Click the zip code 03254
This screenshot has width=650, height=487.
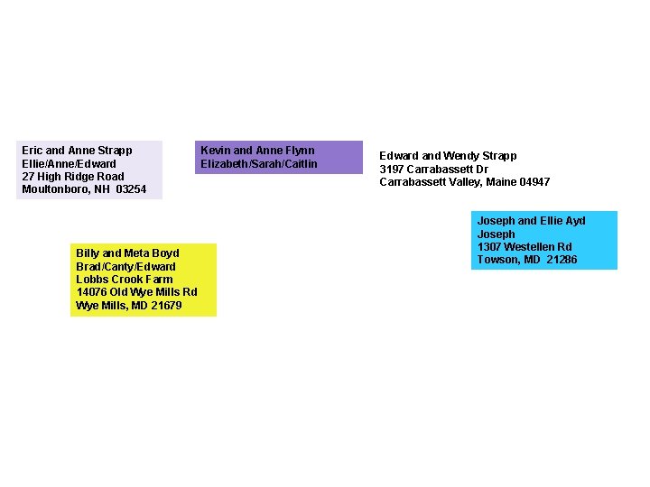131,189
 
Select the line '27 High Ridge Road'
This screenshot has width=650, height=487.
73,177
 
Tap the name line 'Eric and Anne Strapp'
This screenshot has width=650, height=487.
77,151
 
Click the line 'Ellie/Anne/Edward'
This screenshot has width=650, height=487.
69,164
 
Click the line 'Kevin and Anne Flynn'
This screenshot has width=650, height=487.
257,151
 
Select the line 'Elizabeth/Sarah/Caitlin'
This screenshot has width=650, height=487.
259,164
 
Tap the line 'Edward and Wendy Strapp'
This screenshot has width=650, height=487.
448,156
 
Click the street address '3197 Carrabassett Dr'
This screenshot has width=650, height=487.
433,170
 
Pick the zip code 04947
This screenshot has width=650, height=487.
534,182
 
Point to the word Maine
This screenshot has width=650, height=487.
502,182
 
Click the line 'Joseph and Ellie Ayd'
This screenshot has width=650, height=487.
531,221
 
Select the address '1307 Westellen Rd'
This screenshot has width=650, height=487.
524,247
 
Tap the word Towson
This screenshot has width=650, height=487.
497,260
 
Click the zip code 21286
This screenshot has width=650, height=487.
561,260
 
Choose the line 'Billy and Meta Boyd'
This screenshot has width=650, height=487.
127,253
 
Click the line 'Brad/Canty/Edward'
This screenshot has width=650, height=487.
125,267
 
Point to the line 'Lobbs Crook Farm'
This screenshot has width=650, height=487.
124,280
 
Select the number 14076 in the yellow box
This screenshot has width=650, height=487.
92,292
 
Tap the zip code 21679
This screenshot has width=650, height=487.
165,306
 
